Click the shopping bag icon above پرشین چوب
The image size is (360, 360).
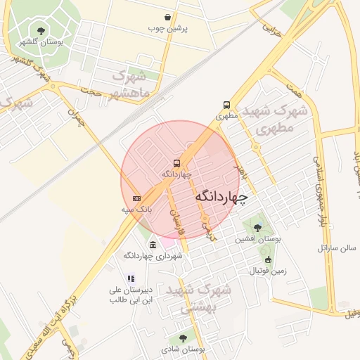(167, 17)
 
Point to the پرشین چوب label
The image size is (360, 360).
(166, 29)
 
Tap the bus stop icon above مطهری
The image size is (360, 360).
(226, 104)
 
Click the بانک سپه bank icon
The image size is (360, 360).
(136, 198)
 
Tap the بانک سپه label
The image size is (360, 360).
(136, 210)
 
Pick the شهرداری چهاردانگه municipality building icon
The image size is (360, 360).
(153, 244)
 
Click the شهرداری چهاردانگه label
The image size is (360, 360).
(153, 256)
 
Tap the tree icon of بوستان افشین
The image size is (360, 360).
(257, 227)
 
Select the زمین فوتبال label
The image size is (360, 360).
(268, 271)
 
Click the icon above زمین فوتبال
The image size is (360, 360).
(267, 259)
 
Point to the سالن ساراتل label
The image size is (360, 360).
(337, 248)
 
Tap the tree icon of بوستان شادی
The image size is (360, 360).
(182, 337)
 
